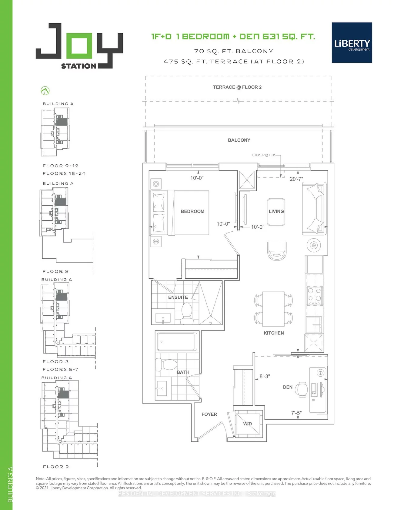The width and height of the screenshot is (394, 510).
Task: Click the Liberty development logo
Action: pyautogui.click(x=352, y=42)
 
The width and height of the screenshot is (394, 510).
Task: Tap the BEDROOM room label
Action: pyautogui.click(x=192, y=211)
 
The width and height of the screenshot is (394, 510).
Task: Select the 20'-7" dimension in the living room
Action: pyautogui.click(x=296, y=179)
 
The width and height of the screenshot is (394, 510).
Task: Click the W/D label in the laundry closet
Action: pyautogui.click(x=247, y=424)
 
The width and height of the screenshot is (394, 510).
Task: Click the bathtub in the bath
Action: pyautogui.click(x=177, y=342)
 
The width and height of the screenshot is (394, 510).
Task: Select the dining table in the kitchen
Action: pyautogui.click(x=273, y=309)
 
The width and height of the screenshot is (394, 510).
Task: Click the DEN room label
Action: pyautogui.click(x=288, y=387)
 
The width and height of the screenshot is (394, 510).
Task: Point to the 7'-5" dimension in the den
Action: pyautogui.click(x=296, y=413)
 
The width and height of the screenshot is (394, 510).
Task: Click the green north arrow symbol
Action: pyautogui.click(x=45, y=90)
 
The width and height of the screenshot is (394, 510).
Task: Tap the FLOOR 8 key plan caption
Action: pyautogui.click(x=55, y=271)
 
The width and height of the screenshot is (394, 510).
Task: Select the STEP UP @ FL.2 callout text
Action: pyautogui.click(x=263, y=155)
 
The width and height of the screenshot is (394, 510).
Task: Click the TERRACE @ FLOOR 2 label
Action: pyautogui.click(x=237, y=87)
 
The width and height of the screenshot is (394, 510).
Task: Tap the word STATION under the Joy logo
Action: pyautogui.click(x=78, y=66)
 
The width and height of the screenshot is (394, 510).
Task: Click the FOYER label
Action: pyautogui.click(x=209, y=414)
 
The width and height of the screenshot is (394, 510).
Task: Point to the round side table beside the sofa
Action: pyautogui.click(x=314, y=245)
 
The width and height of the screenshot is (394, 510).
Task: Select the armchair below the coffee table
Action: pyautogui.click(x=277, y=250)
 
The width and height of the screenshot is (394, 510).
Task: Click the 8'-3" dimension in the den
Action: pyautogui.click(x=265, y=376)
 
